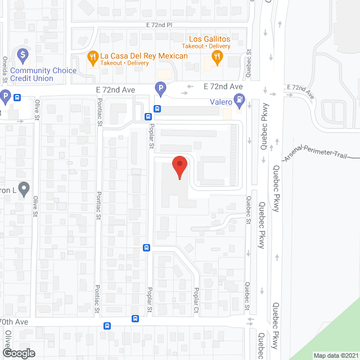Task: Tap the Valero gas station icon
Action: (x=240, y=101)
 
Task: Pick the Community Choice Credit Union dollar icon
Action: (x=22, y=55)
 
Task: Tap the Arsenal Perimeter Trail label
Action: (x=316, y=152)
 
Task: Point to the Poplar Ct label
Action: (x=196, y=300)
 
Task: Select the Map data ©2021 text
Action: (x=335, y=355)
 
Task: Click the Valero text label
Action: (x=221, y=102)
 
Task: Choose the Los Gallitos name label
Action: (x=210, y=38)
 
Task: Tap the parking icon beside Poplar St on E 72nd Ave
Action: (x=160, y=88)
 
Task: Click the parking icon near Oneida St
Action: (x=5, y=96)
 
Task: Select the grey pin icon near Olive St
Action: (x=24, y=188)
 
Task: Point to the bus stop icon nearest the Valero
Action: (x=158, y=109)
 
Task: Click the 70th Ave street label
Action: (x=14, y=321)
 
